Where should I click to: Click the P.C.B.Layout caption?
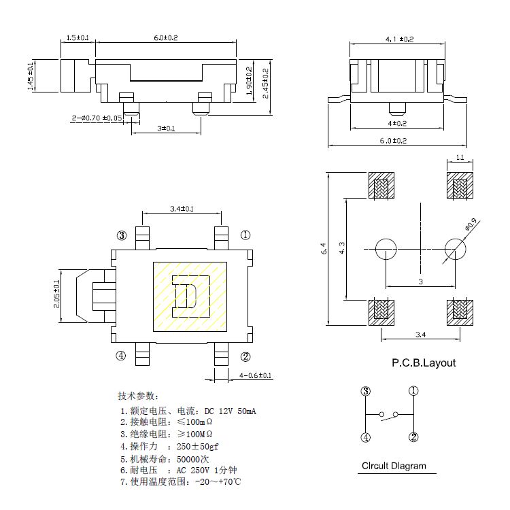click(423, 362)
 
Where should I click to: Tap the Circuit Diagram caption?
click(394, 466)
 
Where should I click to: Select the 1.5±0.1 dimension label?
click(78, 37)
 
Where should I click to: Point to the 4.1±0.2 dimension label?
click(399, 40)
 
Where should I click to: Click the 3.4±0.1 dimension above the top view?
click(181, 209)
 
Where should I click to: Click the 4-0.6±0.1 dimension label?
click(256, 375)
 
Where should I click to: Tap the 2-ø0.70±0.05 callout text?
click(97, 118)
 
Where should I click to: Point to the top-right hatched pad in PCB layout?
click(460, 186)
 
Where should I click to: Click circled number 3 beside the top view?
click(122, 236)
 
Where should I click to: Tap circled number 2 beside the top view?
click(245, 356)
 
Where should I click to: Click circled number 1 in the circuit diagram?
click(413, 391)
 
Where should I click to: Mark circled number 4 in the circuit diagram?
click(366, 437)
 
